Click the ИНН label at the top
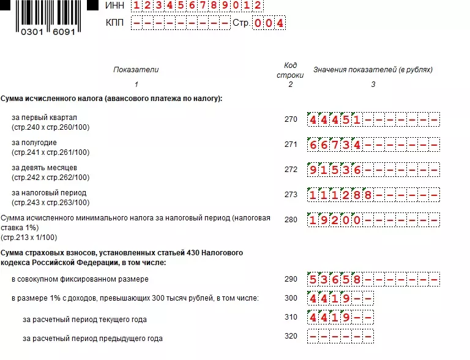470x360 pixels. (115, 5)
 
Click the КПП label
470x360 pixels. (114, 23)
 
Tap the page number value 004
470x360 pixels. (269, 23)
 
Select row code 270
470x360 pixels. (291, 119)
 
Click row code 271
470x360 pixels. (291, 144)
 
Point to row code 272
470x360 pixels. (291, 170)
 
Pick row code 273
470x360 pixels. (291, 195)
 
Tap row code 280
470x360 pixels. (291, 220)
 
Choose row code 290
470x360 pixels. (291, 279)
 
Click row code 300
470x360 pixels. (291, 298)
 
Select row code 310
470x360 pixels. (291, 317)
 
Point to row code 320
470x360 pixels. (291, 336)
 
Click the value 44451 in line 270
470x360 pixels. (335, 120)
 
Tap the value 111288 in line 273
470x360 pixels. (340, 195)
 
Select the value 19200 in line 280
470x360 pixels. (335, 220)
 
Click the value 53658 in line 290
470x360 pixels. (335, 280)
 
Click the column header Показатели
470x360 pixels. (136, 70)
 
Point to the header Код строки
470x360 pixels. (290, 70)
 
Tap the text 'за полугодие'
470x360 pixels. (34, 143)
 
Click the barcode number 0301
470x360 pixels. (32, 32)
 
